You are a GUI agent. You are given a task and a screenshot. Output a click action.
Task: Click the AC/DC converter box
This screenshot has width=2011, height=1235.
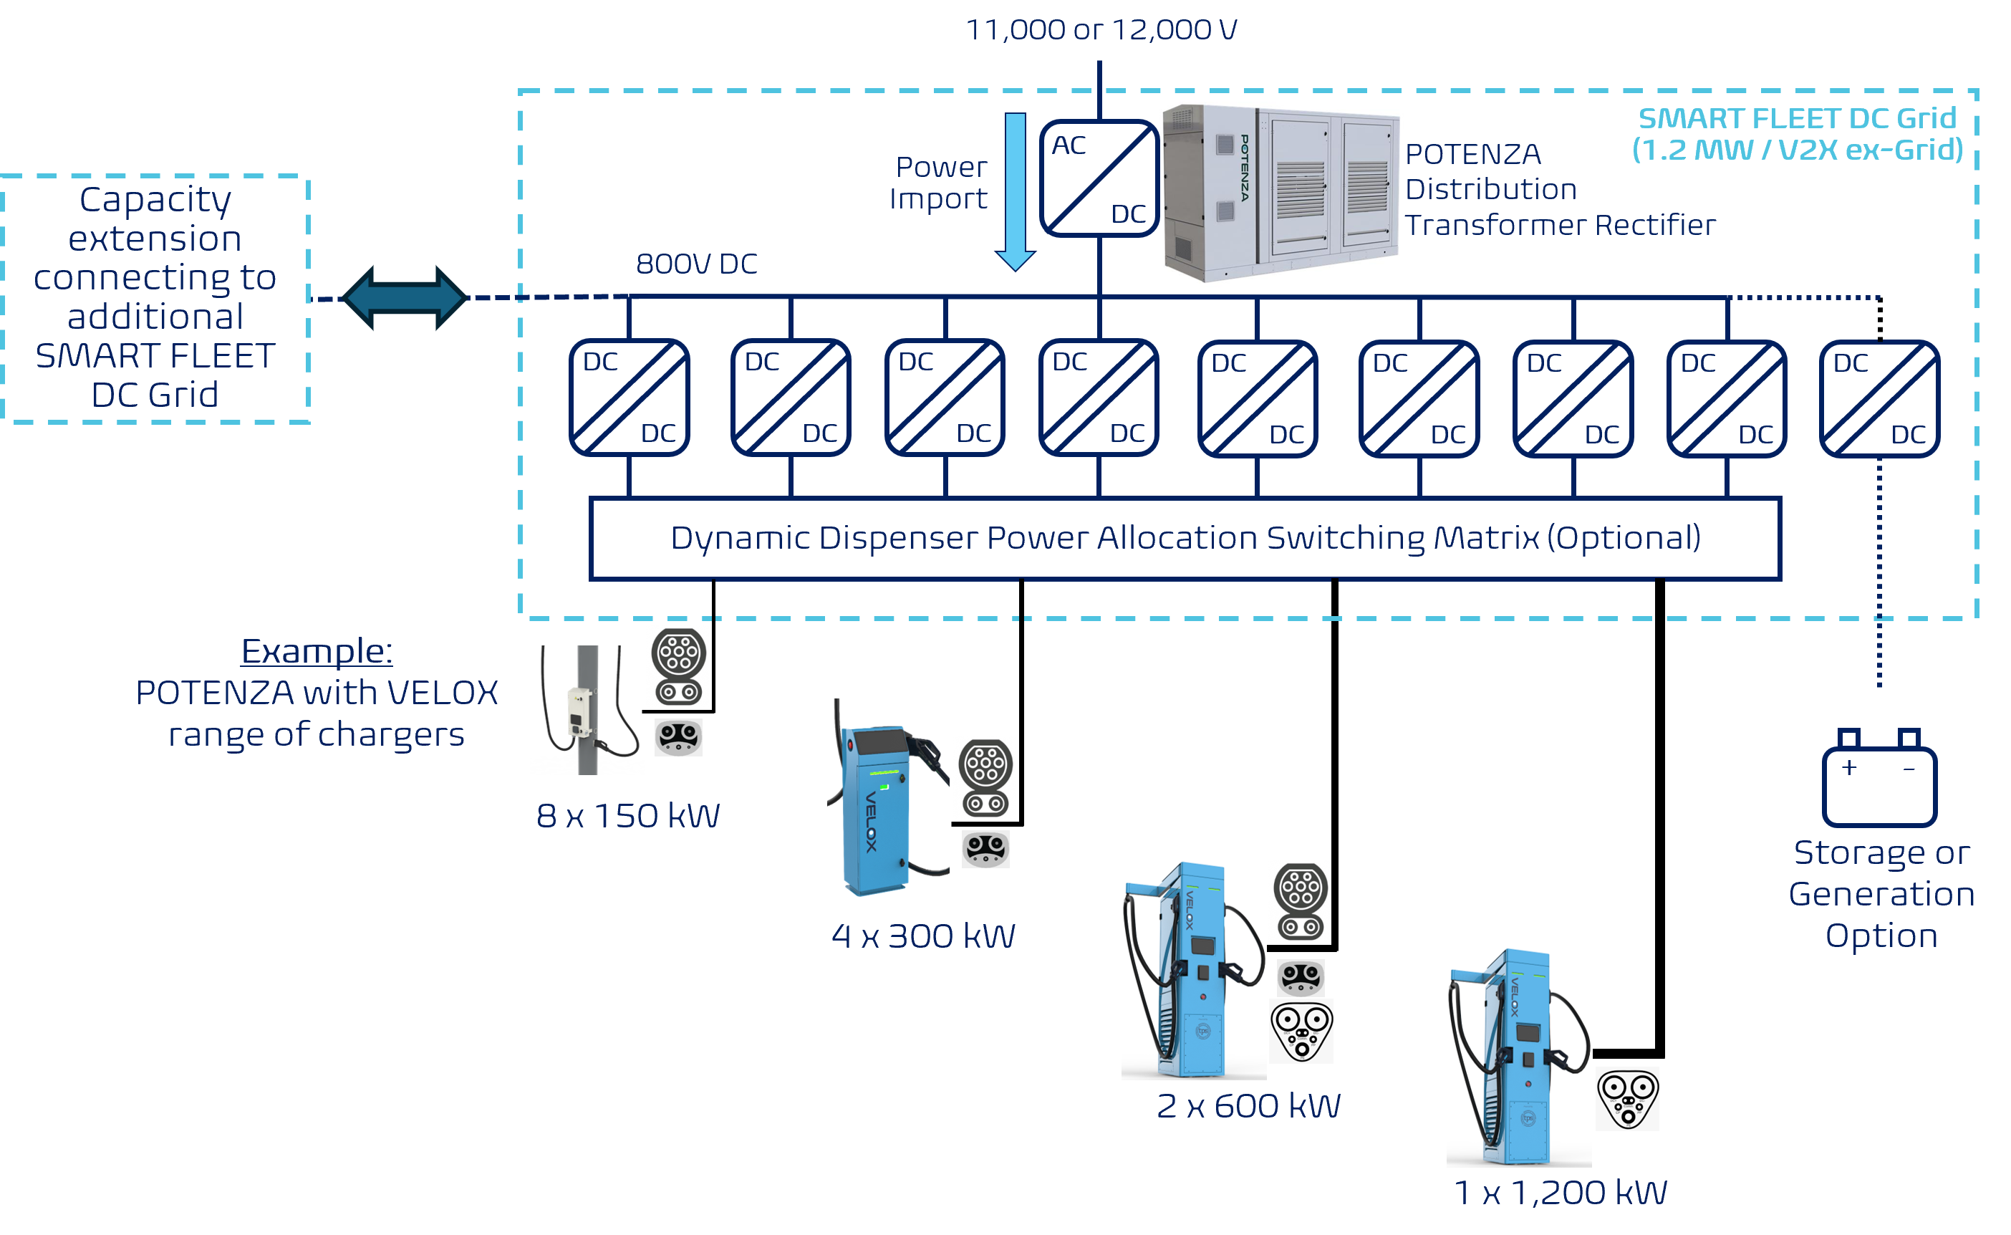click(1099, 178)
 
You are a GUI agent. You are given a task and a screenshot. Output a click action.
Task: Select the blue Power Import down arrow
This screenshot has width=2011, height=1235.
click(1015, 192)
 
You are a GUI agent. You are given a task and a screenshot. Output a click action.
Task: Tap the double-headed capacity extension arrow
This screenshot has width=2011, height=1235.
click(405, 298)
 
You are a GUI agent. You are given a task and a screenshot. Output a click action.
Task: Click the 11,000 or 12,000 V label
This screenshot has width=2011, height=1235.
click(1101, 29)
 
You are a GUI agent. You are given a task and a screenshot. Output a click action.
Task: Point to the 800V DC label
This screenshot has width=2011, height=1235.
click(696, 264)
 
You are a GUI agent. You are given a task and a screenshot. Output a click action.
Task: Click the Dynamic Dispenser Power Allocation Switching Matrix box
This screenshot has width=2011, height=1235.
click(1185, 538)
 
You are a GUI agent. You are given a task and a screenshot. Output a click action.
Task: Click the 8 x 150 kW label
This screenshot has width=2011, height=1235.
click(628, 815)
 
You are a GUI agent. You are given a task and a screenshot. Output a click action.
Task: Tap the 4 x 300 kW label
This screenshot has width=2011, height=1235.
click(923, 936)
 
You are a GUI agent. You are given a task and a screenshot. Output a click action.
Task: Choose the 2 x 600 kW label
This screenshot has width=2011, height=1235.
click(1248, 1105)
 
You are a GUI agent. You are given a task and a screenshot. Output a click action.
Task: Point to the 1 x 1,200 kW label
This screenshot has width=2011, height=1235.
click(1561, 1192)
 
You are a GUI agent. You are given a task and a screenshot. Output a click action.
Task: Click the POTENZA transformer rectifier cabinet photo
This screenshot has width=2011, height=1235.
click(1281, 193)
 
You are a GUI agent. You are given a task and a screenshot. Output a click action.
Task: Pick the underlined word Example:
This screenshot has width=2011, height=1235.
click(317, 651)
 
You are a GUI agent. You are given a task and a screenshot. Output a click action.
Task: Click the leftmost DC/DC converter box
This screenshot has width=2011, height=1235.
click(629, 397)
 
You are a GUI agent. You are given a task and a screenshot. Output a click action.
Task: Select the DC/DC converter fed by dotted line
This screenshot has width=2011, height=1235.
click(1879, 398)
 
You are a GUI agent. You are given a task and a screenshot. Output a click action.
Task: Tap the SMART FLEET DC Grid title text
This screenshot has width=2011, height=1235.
click(1797, 118)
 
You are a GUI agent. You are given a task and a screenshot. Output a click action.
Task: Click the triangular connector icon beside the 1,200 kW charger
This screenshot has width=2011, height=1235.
click(1628, 1100)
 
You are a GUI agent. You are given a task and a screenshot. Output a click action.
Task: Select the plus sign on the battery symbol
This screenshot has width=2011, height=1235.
click(1849, 767)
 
